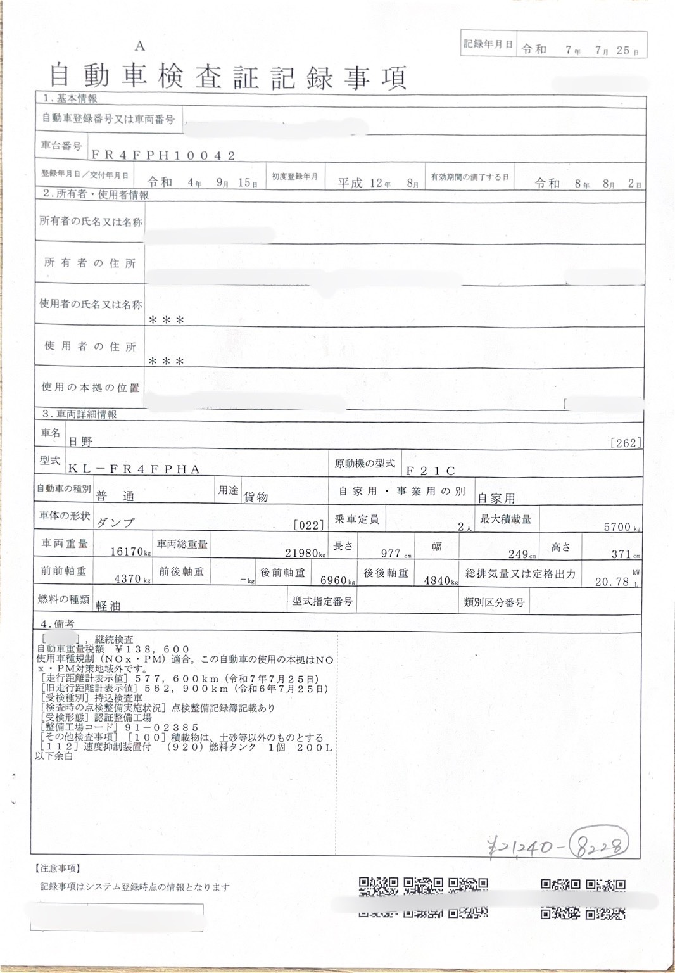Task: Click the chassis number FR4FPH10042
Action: coord(163,155)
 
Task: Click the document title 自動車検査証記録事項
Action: coord(227,77)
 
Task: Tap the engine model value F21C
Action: coord(430,470)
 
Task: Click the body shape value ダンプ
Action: coord(115,523)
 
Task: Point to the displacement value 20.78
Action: coord(612,581)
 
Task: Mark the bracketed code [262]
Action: coord(626,443)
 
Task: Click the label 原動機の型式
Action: coord(365,463)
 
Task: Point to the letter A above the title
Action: coord(140,46)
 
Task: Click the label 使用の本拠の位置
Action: coord(90,387)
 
